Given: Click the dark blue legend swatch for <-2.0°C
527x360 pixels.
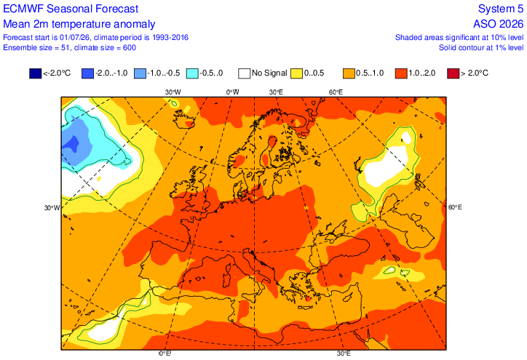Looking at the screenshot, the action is [x=35, y=73].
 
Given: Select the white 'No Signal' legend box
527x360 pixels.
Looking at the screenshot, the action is [x=245, y=73].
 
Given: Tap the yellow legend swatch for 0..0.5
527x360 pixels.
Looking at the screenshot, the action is [x=296, y=73].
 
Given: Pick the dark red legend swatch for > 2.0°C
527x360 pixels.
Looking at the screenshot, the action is [x=453, y=73].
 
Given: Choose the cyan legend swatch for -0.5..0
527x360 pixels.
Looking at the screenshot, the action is [x=192, y=73].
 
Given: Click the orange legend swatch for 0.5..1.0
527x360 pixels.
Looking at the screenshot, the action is [x=349, y=73].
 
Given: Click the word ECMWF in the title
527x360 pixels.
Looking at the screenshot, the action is [x=23, y=9].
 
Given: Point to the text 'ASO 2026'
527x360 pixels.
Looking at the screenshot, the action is [x=498, y=24].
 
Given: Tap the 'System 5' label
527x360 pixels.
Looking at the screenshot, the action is [x=501, y=9].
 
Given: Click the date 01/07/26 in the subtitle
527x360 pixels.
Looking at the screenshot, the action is [x=76, y=37].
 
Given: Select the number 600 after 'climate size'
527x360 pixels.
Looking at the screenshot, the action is [x=130, y=48].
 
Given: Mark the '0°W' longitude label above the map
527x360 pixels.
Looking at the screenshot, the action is [x=233, y=92].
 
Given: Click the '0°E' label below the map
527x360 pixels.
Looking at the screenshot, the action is [x=165, y=353].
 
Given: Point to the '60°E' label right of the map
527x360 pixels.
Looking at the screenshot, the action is [x=455, y=207].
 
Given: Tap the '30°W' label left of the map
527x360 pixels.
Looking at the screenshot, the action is [x=52, y=208].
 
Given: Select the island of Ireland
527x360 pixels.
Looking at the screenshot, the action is [x=178, y=189].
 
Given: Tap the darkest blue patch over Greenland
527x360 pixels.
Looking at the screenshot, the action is [x=71, y=143].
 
